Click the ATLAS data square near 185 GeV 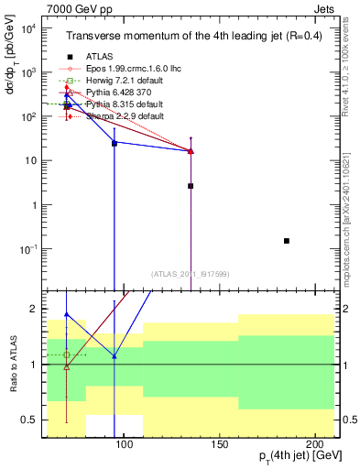[x=287, y=241]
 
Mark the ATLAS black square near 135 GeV [x=191, y=186]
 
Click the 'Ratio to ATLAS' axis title [x=14, y=364]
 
